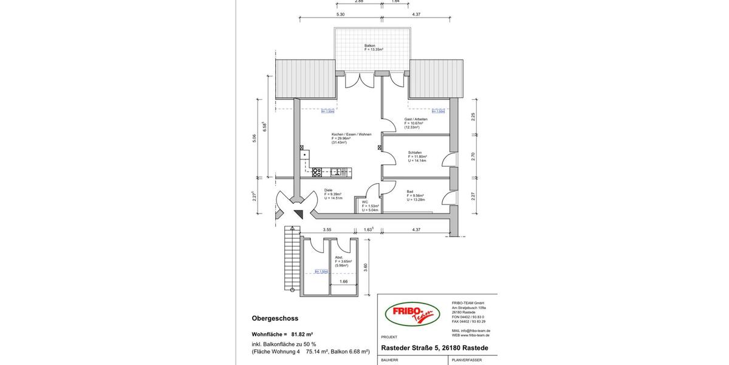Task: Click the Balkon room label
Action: [370, 46]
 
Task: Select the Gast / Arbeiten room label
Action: [416, 119]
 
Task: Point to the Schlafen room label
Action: [415, 153]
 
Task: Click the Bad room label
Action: [410, 192]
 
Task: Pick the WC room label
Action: [365, 202]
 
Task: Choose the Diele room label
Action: [329, 190]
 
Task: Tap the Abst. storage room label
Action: [339, 257]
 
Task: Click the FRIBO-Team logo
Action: [412, 315]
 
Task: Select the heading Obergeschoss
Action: [275, 318]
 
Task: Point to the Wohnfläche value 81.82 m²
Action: [302, 334]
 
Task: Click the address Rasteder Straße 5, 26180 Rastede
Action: [434, 348]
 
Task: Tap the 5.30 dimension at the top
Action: [340, 14]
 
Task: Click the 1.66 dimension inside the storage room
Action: [344, 282]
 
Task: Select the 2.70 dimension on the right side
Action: [473, 156]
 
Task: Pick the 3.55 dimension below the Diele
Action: [327, 230]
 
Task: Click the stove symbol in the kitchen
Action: [317, 172]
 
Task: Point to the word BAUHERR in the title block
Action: [390, 360]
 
